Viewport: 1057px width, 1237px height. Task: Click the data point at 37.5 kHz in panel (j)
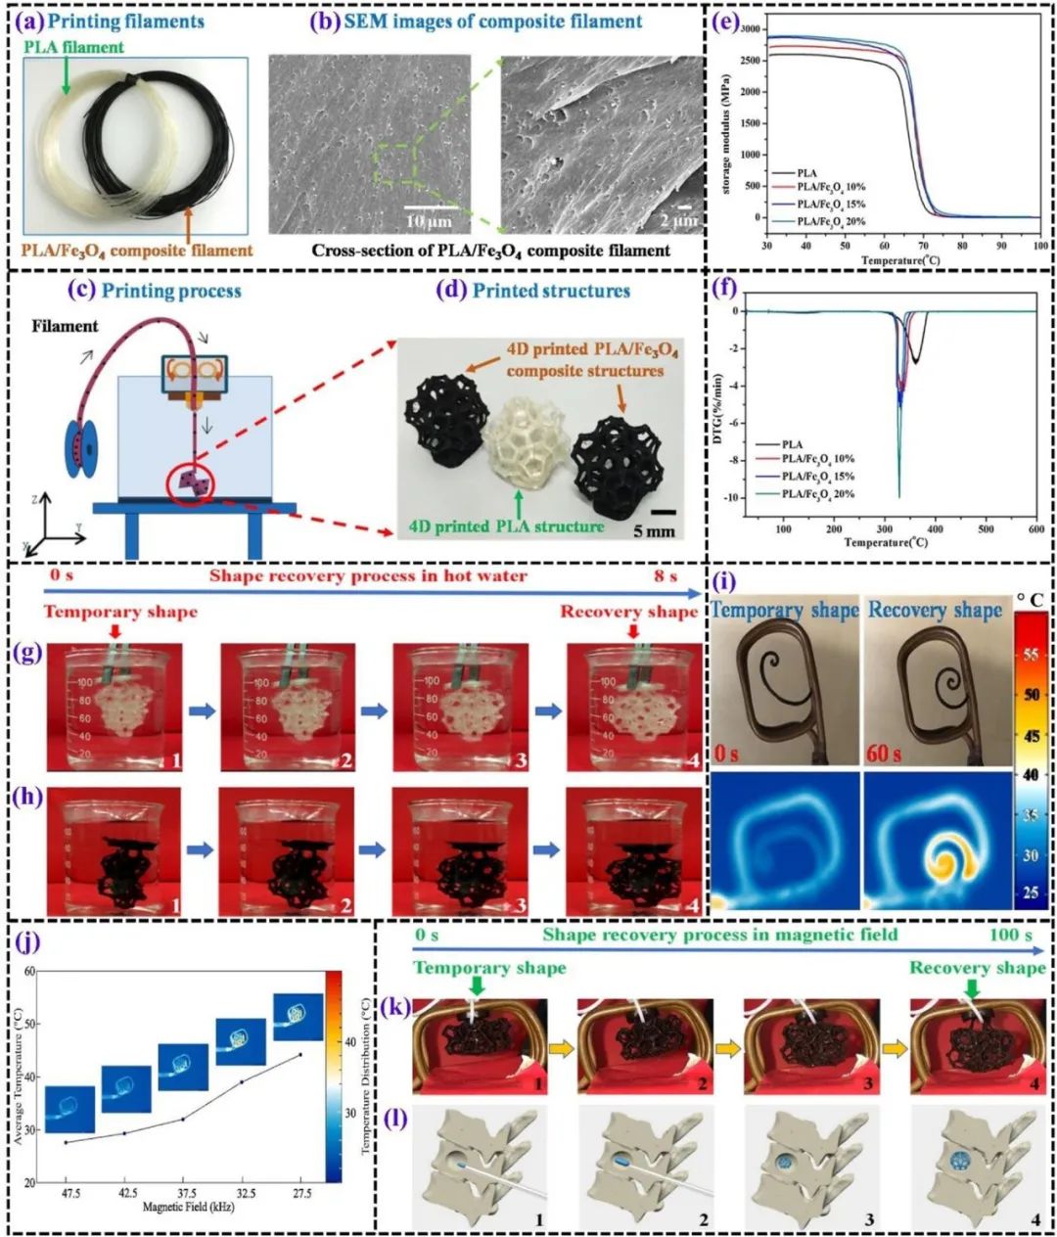(x=182, y=1120)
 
